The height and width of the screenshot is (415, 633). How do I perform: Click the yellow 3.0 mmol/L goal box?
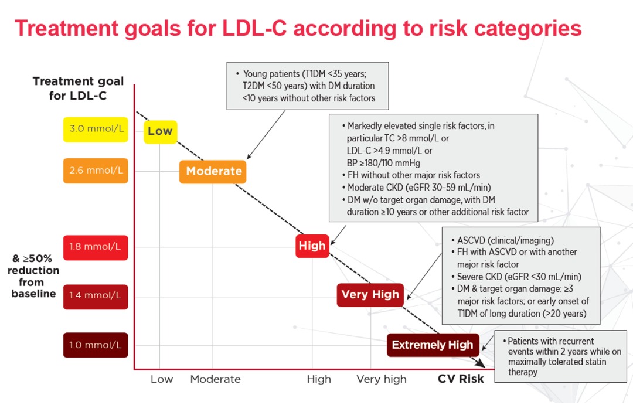point(96,129)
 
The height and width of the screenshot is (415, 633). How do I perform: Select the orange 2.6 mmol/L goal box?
point(96,171)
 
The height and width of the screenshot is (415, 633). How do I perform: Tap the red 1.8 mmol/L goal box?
point(96,247)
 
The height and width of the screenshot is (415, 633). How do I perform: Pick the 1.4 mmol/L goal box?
point(96,297)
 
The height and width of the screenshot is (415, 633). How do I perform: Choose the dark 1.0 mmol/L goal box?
point(96,345)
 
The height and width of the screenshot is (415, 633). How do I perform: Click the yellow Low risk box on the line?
point(160,132)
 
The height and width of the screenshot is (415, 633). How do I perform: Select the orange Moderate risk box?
point(213,172)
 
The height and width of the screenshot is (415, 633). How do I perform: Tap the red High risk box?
point(312,246)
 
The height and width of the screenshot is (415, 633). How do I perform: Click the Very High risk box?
point(370,295)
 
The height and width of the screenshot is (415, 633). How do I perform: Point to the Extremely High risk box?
point(433,345)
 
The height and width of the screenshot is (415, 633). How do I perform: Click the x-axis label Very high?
point(382,379)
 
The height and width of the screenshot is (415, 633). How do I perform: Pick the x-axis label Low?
point(162,379)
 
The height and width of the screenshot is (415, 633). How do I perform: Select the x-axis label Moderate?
point(216,379)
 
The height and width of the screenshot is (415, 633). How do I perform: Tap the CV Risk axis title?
point(461,379)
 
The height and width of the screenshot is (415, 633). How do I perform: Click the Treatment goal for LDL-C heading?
point(78,89)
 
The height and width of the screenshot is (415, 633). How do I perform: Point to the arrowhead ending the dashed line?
point(481,363)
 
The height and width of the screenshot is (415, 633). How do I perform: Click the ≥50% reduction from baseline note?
point(33,276)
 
